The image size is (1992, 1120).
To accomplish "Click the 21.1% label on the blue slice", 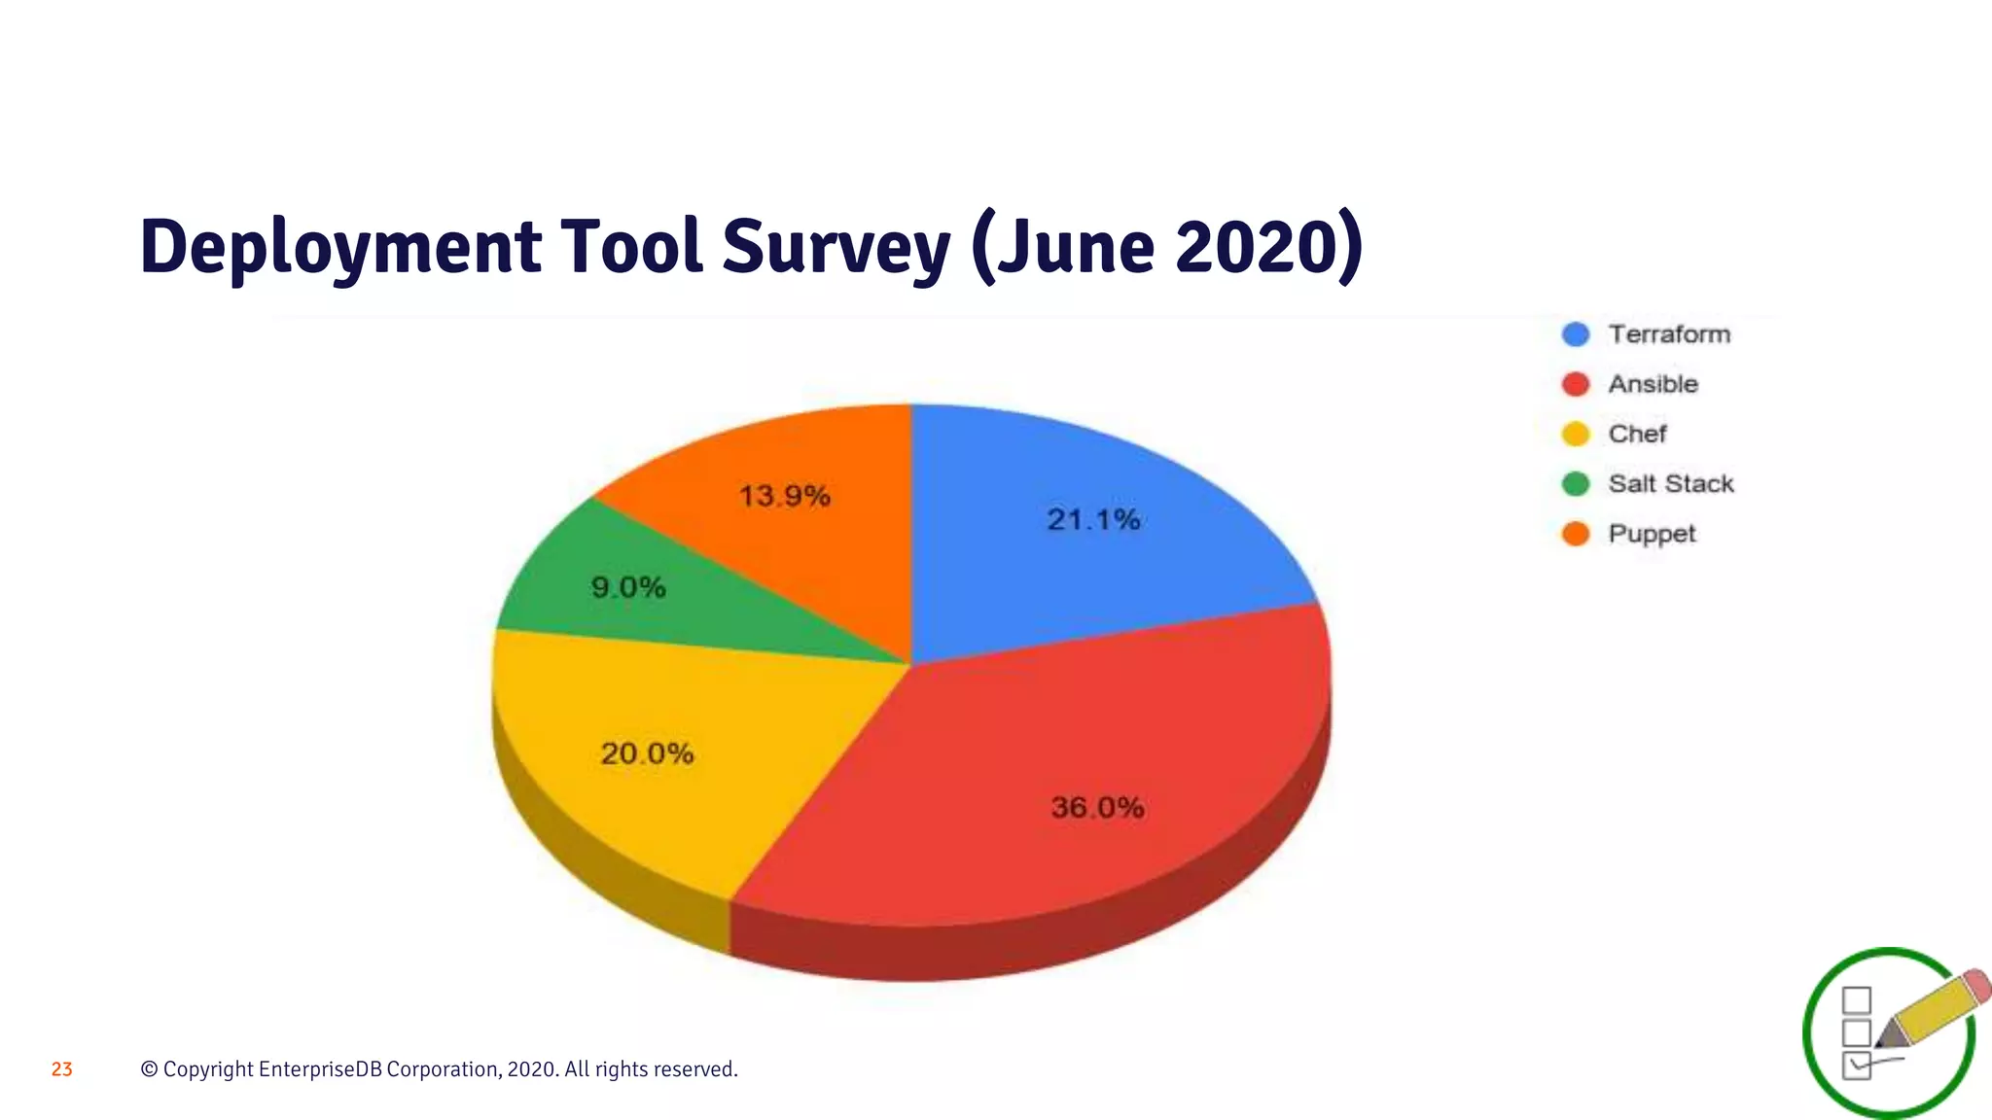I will pyautogui.click(x=1093, y=520).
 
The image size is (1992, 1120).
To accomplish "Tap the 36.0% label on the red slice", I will pyautogui.click(x=1097, y=807).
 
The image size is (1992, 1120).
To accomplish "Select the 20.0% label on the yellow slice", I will pyautogui.click(x=647, y=753).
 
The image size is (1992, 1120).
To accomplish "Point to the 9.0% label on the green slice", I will pyautogui.click(x=628, y=587).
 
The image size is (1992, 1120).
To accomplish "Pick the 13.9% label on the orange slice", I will pyautogui.click(x=784, y=497).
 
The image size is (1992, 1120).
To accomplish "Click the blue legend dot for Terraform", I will pyautogui.click(x=1576, y=334).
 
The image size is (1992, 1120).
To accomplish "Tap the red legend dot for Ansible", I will pyautogui.click(x=1576, y=384).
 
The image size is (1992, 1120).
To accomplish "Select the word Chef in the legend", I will pyautogui.click(x=1637, y=434).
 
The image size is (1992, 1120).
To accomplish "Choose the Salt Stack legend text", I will pyautogui.click(x=1670, y=483).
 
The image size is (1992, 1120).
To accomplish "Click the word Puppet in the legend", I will pyautogui.click(x=1652, y=534).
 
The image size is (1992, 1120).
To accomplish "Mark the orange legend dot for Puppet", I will pyautogui.click(x=1576, y=534).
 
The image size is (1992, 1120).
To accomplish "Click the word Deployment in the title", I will pyautogui.click(x=340, y=247).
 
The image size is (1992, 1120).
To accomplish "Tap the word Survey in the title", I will pyautogui.click(x=836, y=247).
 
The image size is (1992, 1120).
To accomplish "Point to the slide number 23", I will pyautogui.click(x=62, y=1069).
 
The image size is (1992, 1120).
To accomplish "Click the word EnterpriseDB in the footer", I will pyautogui.click(x=321, y=1069).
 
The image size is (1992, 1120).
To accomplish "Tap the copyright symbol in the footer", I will pyautogui.click(x=149, y=1069).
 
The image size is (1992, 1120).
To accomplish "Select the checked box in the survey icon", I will pyautogui.click(x=1857, y=1065).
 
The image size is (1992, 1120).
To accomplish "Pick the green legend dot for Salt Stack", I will pyautogui.click(x=1576, y=483).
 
